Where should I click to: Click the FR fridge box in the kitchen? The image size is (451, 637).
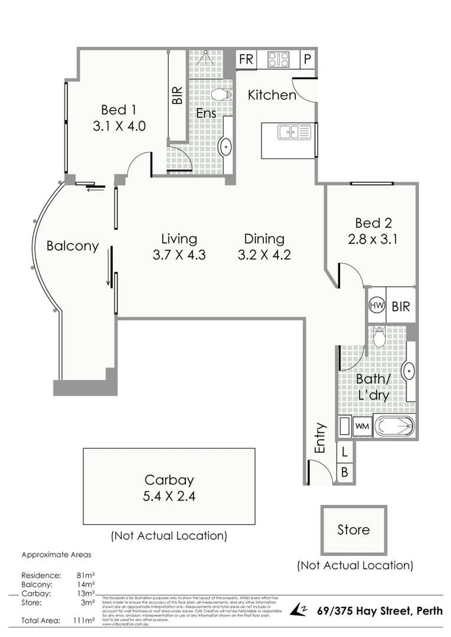[x=246, y=60]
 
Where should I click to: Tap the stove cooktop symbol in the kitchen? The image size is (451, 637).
[x=279, y=60]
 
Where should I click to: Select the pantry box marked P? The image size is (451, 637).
[x=308, y=60]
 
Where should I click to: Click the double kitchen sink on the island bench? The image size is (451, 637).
[x=293, y=133]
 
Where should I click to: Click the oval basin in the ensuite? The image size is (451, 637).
[x=225, y=146]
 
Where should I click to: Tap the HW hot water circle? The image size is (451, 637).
[x=376, y=306]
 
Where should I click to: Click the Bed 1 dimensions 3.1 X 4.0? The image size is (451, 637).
[x=119, y=126]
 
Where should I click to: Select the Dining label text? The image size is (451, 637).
[x=264, y=239]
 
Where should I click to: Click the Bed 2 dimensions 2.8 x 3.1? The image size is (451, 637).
[x=373, y=239]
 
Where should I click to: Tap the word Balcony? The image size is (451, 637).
[x=73, y=247]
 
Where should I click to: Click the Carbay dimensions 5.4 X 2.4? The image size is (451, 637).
[x=169, y=496]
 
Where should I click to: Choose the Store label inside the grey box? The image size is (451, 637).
[x=354, y=530]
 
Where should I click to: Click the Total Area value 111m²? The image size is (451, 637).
[x=83, y=620]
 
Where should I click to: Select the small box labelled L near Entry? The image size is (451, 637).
[x=345, y=452]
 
